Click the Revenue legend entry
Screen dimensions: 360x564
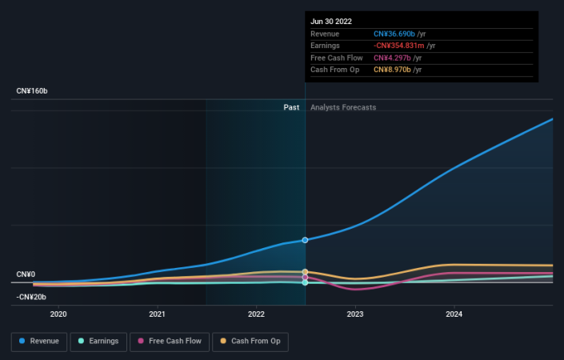pos(38,341)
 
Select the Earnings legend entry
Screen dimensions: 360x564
pos(98,341)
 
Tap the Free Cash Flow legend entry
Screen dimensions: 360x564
pos(168,341)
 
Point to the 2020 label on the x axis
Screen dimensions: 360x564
pos(58,314)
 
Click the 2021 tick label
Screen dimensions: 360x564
pos(158,314)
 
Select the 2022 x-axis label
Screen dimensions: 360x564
pos(256,314)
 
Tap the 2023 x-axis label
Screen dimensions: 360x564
pos(355,314)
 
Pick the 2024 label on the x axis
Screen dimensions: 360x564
pos(454,314)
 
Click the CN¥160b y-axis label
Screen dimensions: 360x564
pos(32,92)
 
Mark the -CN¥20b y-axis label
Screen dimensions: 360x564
pos(31,297)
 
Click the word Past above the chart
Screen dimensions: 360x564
pos(291,107)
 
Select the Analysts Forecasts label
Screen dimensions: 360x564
pos(343,107)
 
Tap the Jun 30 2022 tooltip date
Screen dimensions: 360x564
pos(331,21)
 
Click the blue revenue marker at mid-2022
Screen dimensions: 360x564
pos(305,240)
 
